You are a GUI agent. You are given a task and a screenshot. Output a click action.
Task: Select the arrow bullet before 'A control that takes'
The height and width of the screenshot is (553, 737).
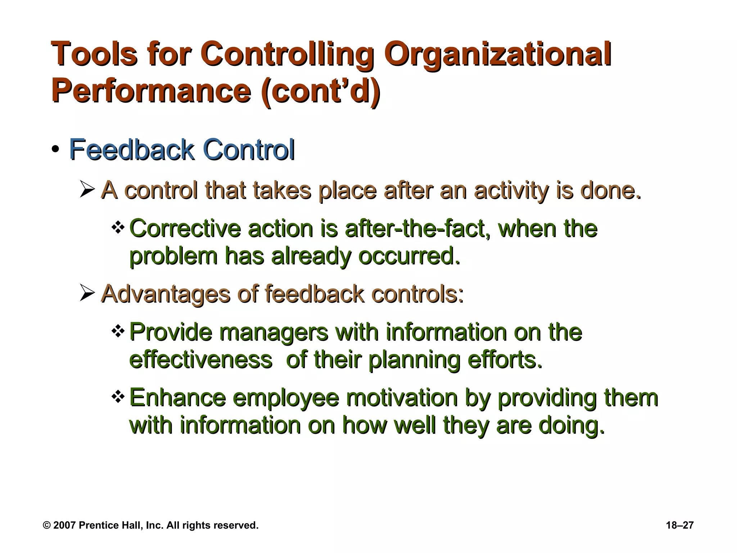[87, 189]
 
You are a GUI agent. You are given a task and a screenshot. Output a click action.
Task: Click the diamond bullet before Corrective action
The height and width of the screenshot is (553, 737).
[118, 228]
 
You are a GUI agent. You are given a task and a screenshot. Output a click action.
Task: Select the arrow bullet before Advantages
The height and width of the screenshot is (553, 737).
[87, 293]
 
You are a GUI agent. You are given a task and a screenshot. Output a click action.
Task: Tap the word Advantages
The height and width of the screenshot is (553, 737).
[166, 293]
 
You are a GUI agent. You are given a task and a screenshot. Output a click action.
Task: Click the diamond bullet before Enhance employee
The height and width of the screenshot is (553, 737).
[118, 397]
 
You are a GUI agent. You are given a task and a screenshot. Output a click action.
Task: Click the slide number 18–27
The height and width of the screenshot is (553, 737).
[680, 525]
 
